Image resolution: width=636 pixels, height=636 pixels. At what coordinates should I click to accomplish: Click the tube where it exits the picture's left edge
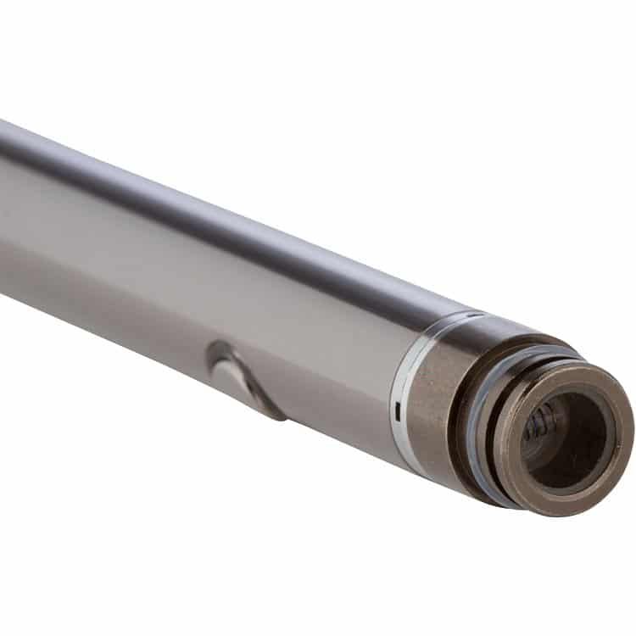pyautogui.click(x=3, y=212)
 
